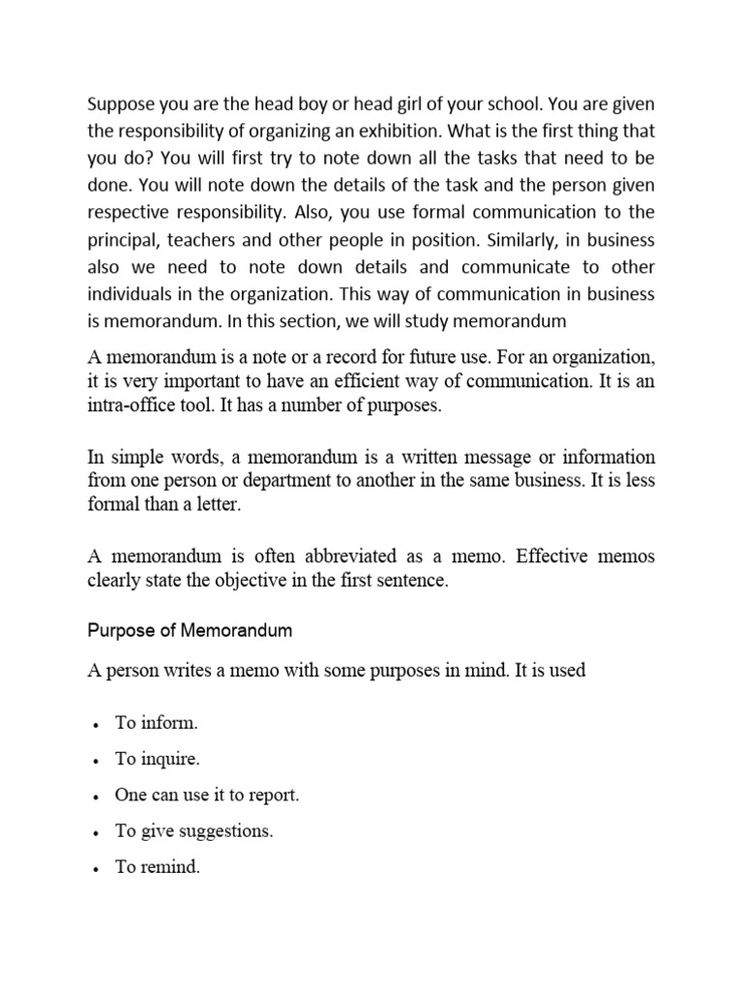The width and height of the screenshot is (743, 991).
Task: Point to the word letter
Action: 222,506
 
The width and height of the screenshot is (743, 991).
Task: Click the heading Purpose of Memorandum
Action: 190,630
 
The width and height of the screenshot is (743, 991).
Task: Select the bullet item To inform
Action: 156,722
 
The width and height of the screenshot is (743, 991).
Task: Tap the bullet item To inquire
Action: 158,759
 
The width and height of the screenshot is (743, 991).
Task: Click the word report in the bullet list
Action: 275,795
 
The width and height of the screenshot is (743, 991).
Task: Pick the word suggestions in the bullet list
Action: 223,831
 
